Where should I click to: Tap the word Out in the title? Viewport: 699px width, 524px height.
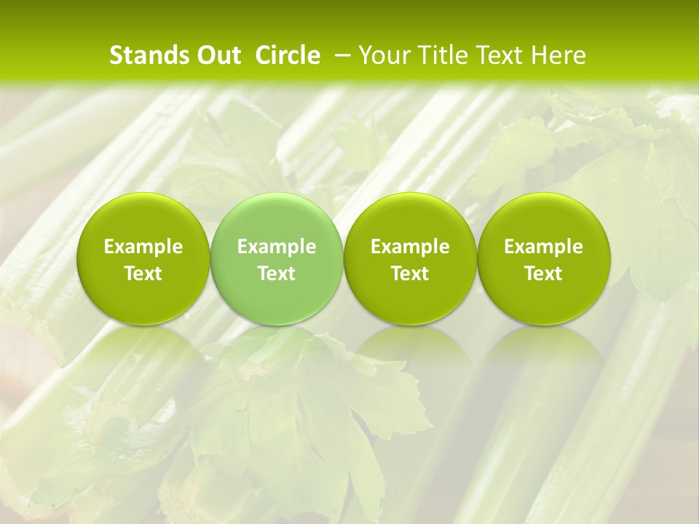click(217, 55)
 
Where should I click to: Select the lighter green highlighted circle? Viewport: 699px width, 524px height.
click(277, 218)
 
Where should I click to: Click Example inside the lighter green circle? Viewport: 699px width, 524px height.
click(277, 247)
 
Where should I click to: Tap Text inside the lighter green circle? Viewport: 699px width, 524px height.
click(277, 274)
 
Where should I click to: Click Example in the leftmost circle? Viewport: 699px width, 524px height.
click(143, 247)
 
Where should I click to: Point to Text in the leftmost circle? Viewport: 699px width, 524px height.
click(143, 274)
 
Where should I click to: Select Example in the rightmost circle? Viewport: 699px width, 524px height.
click(544, 247)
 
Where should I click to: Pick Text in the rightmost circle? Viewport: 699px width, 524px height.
click(544, 274)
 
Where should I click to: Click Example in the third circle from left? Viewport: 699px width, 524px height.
click(410, 247)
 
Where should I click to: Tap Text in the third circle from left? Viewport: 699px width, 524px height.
click(410, 274)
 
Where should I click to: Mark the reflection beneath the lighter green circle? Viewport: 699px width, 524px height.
click(277, 357)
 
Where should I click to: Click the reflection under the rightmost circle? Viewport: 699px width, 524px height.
click(544, 357)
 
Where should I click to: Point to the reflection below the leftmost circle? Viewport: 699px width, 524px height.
click(143, 357)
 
